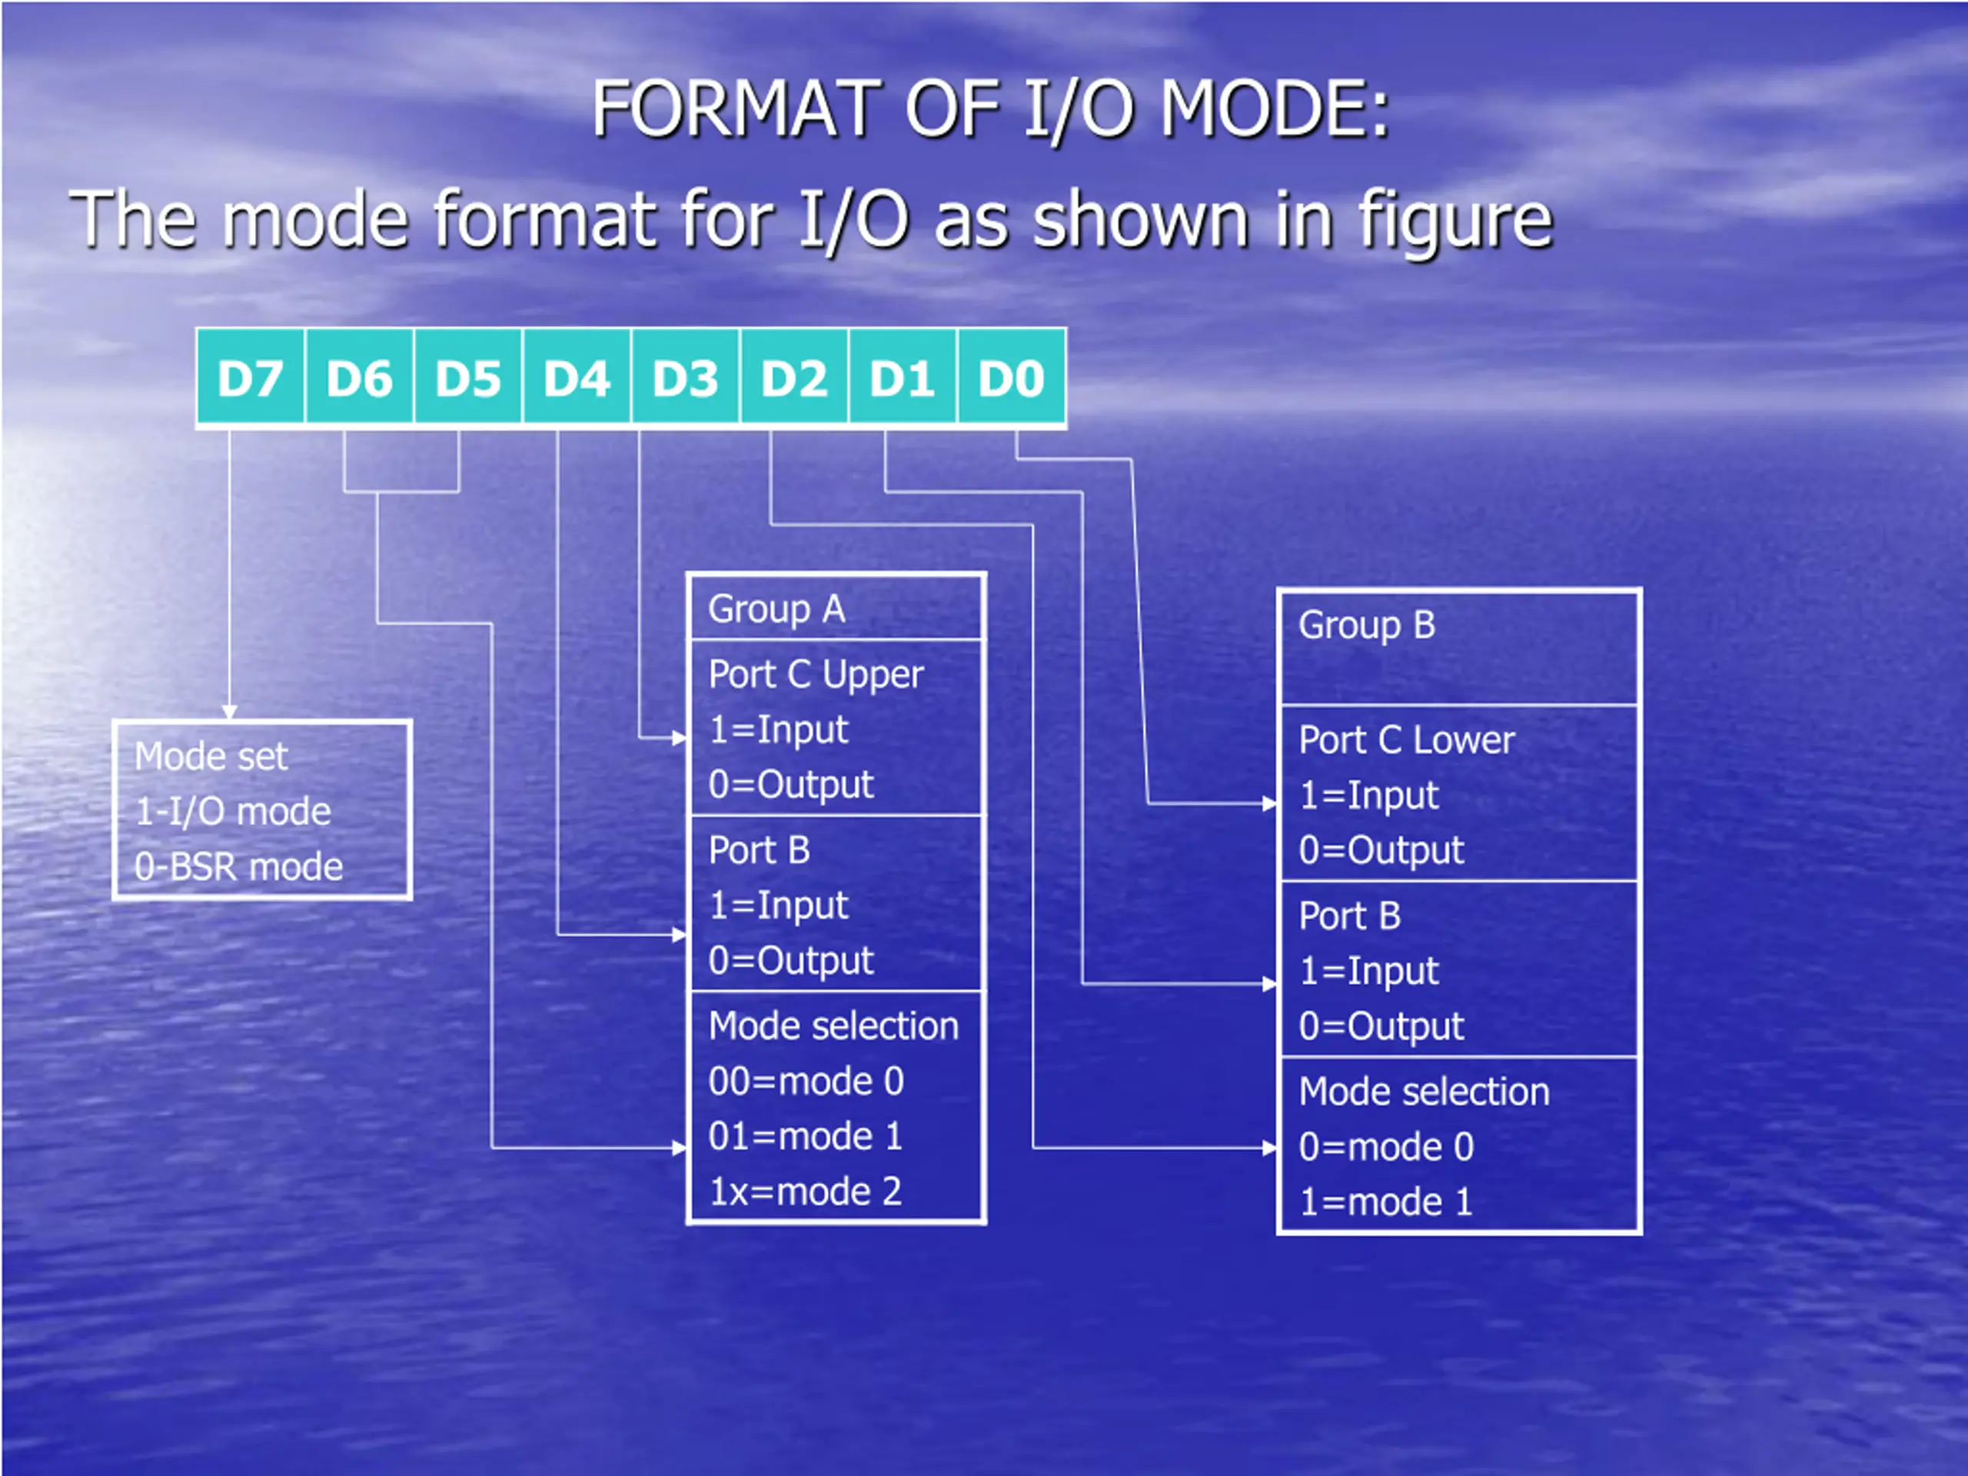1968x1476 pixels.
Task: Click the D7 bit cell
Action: pyautogui.click(x=251, y=378)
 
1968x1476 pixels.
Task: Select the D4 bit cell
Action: pyautogui.click(x=577, y=378)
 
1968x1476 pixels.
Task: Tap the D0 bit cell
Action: pyautogui.click(x=1012, y=378)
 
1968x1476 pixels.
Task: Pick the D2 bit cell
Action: pyautogui.click(x=794, y=378)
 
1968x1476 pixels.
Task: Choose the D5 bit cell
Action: pyautogui.click(x=469, y=378)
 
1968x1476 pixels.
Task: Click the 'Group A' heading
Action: pyautogui.click(x=776, y=610)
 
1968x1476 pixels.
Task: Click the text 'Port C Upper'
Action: pyautogui.click(x=816, y=675)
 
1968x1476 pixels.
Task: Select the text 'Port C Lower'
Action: pyautogui.click(x=1407, y=740)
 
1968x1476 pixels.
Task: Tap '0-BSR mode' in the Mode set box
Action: pyautogui.click(x=238, y=866)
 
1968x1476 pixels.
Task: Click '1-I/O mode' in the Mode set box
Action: pyautogui.click(x=233, y=811)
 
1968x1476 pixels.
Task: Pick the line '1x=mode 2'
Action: pyautogui.click(x=805, y=1192)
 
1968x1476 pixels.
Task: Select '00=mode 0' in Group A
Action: pyautogui.click(x=806, y=1081)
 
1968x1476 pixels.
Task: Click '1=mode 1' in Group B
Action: pyautogui.click(x=1385, y=1202)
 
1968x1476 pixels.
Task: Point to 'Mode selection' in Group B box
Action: pyautogui.click(x=1424, y=1092)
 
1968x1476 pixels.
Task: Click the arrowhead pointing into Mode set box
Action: pyautogui.click(x=230, y=713)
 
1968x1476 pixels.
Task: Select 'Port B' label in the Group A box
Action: pyautogui.click(x=759, y=850)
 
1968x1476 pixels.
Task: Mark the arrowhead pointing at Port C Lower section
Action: pyautogui.click(x=1271, y=804)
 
